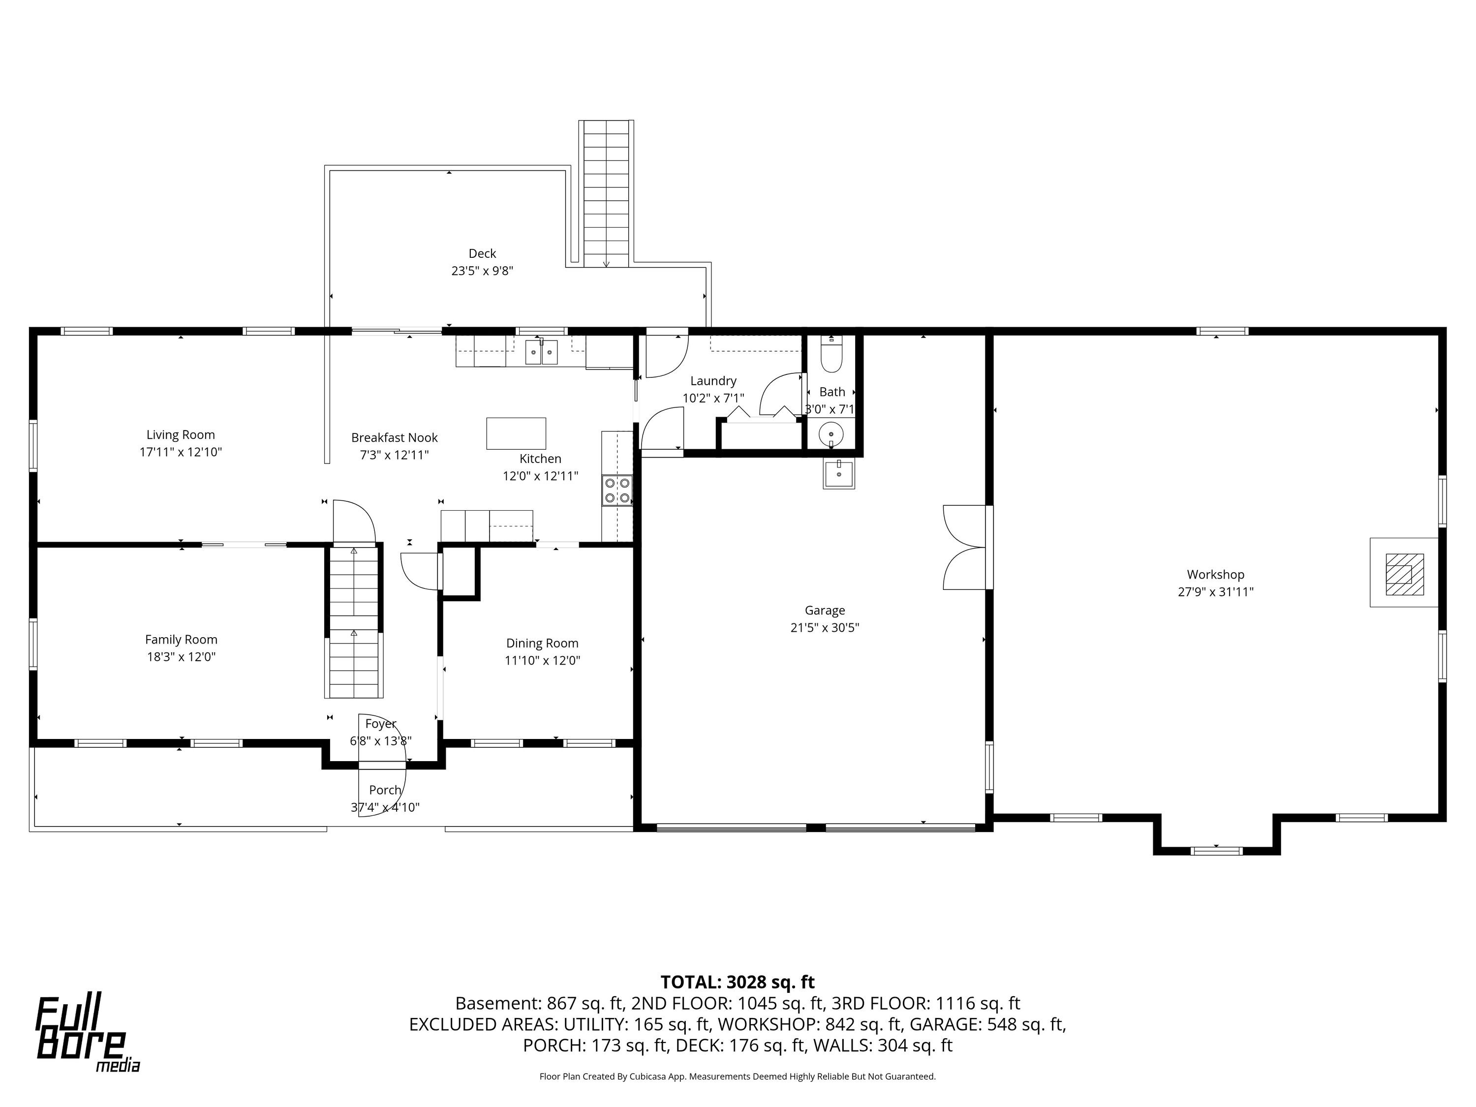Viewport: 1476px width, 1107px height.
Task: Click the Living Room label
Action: click(181, 435)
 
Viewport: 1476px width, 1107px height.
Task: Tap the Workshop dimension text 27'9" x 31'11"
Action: click(1216, 592)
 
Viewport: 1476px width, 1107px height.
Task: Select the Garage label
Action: click(825, 611)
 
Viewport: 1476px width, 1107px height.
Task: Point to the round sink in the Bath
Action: click(831, 434)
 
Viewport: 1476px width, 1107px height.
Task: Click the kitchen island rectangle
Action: click(516, 434)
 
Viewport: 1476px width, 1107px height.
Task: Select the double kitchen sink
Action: click(541, 352)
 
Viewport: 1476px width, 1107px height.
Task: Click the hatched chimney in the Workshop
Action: click(1405, 574)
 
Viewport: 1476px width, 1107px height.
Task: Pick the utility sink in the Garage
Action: click(839, 474)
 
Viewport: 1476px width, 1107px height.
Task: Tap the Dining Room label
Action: click(542, 643)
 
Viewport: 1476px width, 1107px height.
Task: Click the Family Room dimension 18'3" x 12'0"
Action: click(182, 657)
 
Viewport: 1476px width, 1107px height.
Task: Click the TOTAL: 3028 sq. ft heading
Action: click(738, 982)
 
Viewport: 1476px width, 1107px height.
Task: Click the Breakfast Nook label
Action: click(395, 438)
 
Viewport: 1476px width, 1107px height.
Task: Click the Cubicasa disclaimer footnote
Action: click(738, 1076)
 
